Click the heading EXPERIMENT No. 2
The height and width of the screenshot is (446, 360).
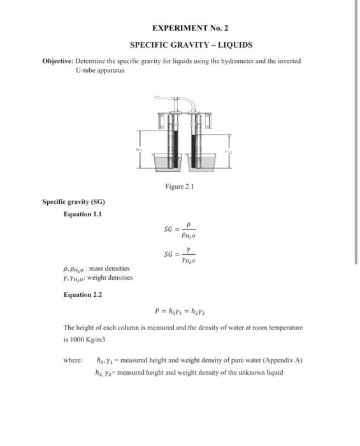pos(191,28)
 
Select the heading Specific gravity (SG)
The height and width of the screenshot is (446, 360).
pos(68,202)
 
